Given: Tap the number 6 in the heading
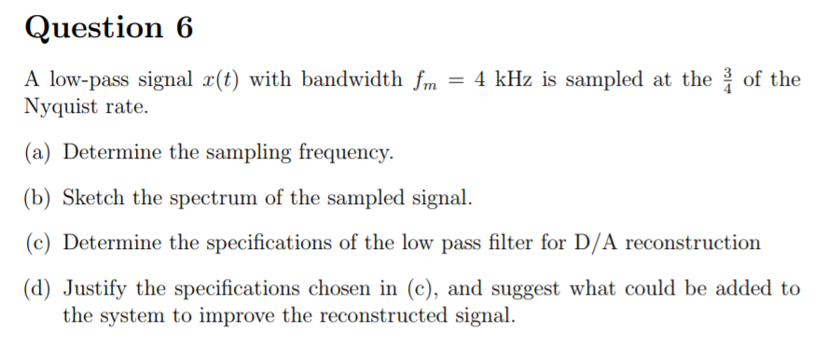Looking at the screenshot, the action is click(x=183, y=28).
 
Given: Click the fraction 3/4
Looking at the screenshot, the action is click(x=727, y=79).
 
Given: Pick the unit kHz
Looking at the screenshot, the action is click(x=518, y=80).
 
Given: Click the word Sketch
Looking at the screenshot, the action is click(x=93, y=199).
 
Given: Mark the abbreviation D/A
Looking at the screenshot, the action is click(x=596, y=243).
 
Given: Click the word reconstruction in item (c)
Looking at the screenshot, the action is click(x=693, y=243).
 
